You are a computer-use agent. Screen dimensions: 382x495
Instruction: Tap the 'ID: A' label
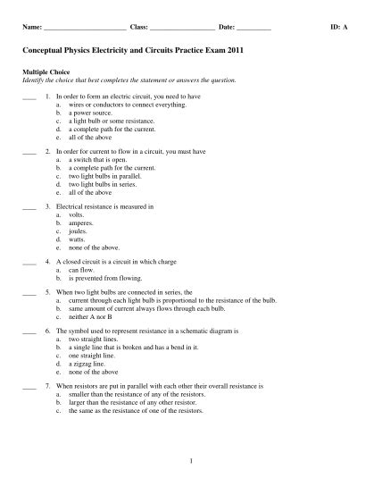tap(339, 29)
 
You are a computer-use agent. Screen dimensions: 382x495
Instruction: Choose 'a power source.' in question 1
tap(87, 113)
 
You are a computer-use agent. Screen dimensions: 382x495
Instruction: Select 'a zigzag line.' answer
tap(87, 364)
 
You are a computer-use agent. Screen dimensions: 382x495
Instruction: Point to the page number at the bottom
tap(191, 460)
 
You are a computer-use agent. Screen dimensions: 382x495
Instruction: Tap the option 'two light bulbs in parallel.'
tap(104, 176)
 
